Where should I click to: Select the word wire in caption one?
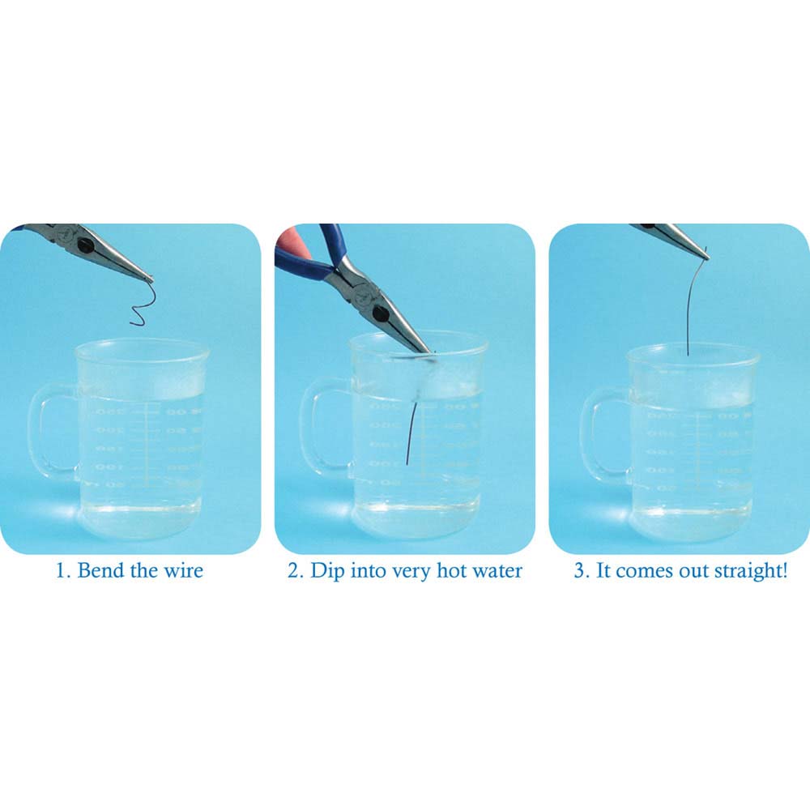pyautogui.click(x=182, y=570)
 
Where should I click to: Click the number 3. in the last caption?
pyautogui.click(x=582, y=570)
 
